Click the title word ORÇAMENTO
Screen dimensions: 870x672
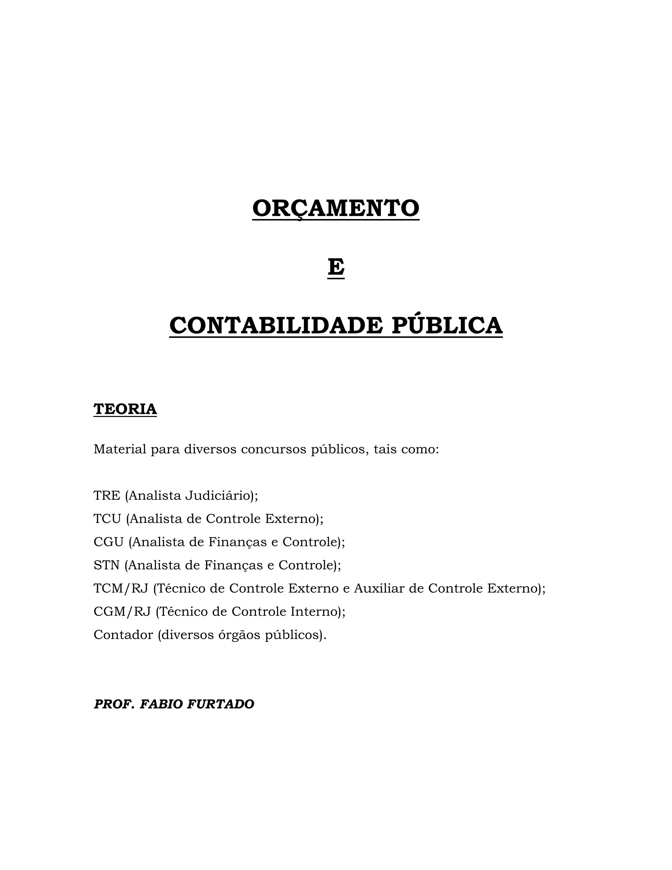coord(336,208)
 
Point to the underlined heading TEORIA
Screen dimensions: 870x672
coord(125,409)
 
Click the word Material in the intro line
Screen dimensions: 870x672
coord(120,449)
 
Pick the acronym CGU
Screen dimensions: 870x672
coord(109,542)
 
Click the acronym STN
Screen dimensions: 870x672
coord(106,565)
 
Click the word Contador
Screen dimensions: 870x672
coord(123,635)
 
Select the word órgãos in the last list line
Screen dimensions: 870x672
coord(240,635)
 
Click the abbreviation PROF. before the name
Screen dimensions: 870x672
coord(114,704)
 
